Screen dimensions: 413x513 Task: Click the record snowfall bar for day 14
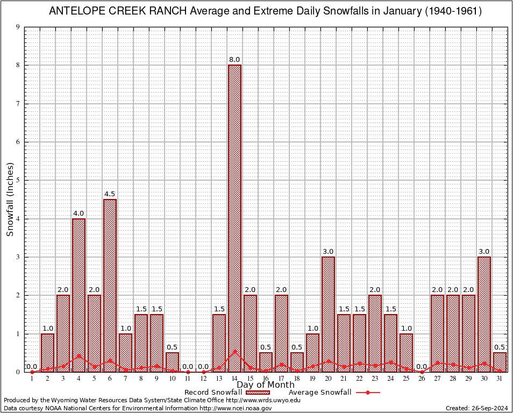pyautogui.click(x=234, y=215)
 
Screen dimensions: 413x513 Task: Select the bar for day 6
pyautogui.click(x=110, y=285)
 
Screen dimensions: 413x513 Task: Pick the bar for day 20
pyautogui.click(x=328, y=314)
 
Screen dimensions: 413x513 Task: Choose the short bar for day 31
pyautogui.click(x=500, y=362)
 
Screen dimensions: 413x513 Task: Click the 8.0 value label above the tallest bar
pyautogui.click(x=234, y=60)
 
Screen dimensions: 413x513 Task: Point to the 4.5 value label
pyautogui.click(x=110, y=194)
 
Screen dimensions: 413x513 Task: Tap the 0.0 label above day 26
pyautogui.click(x=422, y=367)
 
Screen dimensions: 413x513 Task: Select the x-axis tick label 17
pyautogui.click(x=281, y=379)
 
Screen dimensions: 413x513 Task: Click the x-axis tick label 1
pyautogui.click(x=32, y=379)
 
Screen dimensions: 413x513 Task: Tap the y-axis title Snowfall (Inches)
pyautogui.click(x=10, y=200)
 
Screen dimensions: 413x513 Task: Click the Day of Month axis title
pyautogui.click(x=266, y=385)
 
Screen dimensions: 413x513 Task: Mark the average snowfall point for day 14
pyautogui.click(x=234, y=352)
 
